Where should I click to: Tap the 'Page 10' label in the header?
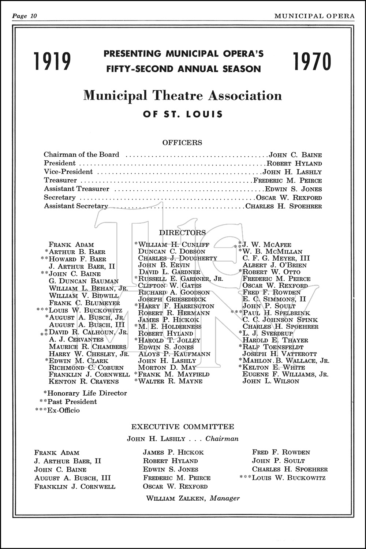(25, 16)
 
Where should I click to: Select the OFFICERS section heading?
(182, 142)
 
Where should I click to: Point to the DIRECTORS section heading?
(182, 232)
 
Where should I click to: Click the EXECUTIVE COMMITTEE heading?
(183, 426)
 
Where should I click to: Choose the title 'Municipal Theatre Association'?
(183, 96)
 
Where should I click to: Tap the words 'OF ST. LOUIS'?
(183, 114)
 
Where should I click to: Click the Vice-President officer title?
(68, 172)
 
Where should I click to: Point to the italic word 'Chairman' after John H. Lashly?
(222, 438)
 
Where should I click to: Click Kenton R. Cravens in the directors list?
(84, 381)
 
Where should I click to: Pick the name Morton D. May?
(167, 367)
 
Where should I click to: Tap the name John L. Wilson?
(271, 381)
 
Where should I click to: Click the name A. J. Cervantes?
(76, 339)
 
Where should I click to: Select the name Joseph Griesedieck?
(172, 299)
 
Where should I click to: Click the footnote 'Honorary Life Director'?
(87, 393)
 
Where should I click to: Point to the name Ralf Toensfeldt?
(273, 347)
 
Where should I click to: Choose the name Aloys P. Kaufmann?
(174, 354)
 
